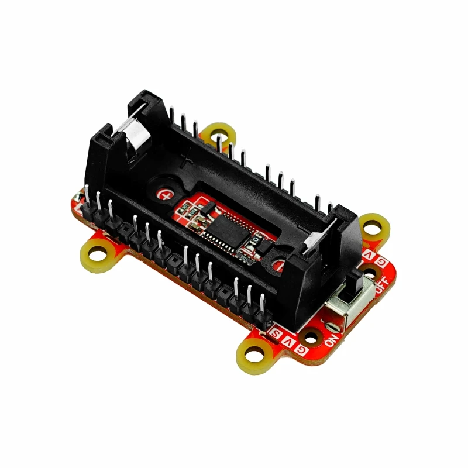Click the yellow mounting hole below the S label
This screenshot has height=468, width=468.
tap(256, 354)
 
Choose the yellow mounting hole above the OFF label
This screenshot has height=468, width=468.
tap(371, 226)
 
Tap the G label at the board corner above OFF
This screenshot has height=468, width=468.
tap(381, 261)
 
